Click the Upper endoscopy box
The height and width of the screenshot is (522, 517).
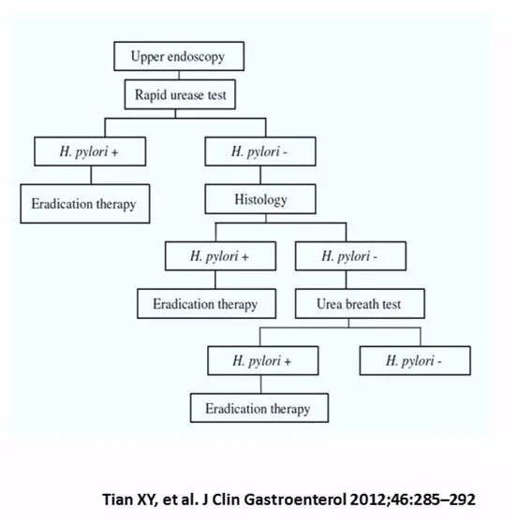click(x=179, y=56)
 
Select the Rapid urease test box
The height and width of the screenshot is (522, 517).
click(x=180, y=94)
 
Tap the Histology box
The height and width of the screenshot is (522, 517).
click(x=260, y=199)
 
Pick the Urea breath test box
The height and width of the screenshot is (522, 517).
click(x=360, y=304)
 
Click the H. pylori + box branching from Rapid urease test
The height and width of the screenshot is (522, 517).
click(x=90, y=152)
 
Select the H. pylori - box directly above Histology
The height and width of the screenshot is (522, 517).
click(x=260, y=152)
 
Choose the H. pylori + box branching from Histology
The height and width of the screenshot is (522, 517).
click(x=220, y=256)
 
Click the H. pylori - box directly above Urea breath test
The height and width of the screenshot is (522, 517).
click(x=350, y=256)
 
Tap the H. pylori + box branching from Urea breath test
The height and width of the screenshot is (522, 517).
click(x=263, y=360)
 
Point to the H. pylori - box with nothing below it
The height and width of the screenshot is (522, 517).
click(x=415, y=360)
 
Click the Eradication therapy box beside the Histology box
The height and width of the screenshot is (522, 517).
click(x=85, y=204)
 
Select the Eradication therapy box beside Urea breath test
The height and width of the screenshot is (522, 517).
click(x=207, y=304)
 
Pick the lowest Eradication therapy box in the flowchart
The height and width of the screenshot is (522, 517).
click(x=259, y=408)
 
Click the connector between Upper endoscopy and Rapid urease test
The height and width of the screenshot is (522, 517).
click(x=179, y=75)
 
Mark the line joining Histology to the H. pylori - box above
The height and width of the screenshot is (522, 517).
click(x=260, y=175)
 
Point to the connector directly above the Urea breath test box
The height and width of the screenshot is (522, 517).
click(x=346, y=280)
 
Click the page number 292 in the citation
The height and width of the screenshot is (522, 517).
click(x=463, y=500)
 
